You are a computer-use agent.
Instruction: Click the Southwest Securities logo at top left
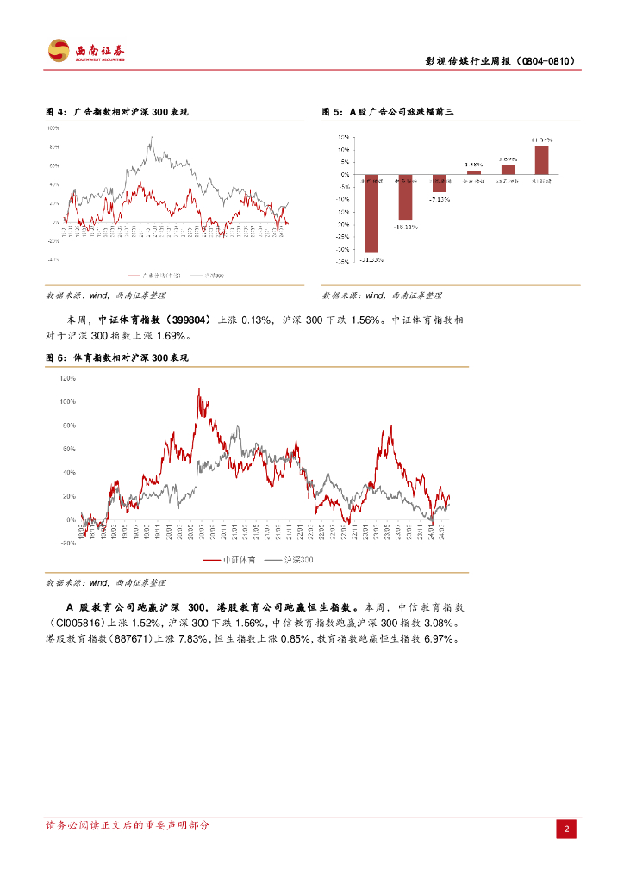[x=85, y=51]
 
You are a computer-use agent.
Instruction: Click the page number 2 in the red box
[x=567, y=829]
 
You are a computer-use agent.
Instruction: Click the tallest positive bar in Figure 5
[x=541, y=159]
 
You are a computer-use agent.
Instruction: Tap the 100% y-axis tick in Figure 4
[x=53, y=127]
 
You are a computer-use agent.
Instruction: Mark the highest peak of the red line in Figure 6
[x=199, y=389]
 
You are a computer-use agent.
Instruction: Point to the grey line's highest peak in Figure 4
[x=152, y=138]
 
